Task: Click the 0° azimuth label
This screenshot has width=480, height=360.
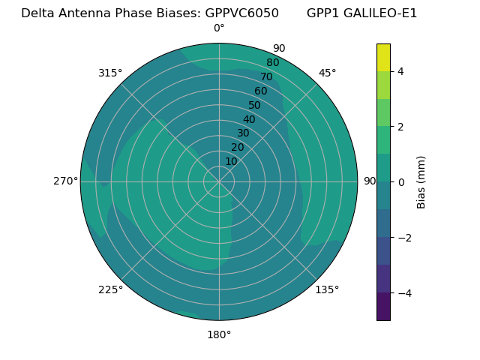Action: click(219, 28)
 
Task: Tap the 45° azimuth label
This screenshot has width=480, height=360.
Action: click(327, 73)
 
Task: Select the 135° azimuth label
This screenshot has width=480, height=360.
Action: click(327, 289)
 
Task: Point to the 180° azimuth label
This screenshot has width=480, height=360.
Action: click(219, 334)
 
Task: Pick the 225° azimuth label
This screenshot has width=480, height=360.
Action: click(110, 290)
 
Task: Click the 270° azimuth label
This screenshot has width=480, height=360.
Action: click(65, 181)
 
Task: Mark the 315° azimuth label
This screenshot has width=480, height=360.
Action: click(110, 73)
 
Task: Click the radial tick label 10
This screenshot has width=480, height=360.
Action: click(231, 161)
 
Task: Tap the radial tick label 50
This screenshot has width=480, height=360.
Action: click(254, 105)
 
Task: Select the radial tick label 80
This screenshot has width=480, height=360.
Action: click(272, 62)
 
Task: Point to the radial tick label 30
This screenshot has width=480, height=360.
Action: click(243, 133)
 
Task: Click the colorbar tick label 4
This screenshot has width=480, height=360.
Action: click(400, 71)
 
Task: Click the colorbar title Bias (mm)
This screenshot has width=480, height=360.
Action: click(421, 182)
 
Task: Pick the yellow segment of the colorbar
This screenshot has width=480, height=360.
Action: click(383, 58)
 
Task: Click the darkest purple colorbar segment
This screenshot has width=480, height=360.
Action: click(383, 306)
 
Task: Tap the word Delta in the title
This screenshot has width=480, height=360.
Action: click(38, 13)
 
